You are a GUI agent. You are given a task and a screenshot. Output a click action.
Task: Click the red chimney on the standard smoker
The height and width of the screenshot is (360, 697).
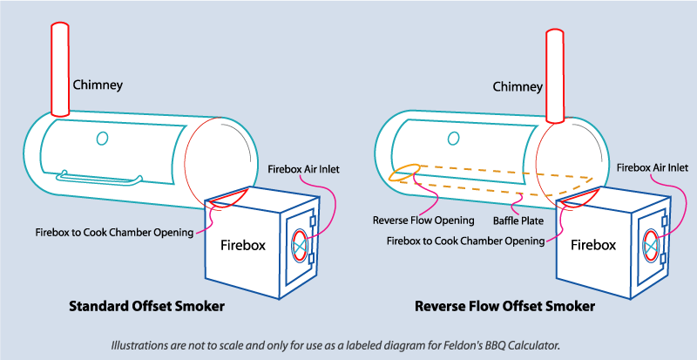click(x=60, y=70)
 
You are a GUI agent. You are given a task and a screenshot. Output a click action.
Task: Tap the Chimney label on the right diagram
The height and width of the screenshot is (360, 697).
click(x=518, y=86)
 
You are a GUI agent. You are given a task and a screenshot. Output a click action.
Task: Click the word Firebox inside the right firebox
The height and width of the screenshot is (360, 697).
click(x=593, y=246)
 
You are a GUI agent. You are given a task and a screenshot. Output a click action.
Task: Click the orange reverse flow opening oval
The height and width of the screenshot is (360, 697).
click(x=405, y=172)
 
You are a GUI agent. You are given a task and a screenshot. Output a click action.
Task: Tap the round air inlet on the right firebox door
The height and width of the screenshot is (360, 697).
click(x=649, y=247)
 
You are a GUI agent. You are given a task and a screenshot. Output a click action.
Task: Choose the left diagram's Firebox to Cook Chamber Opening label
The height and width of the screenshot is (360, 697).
click(x=125, y=232)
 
